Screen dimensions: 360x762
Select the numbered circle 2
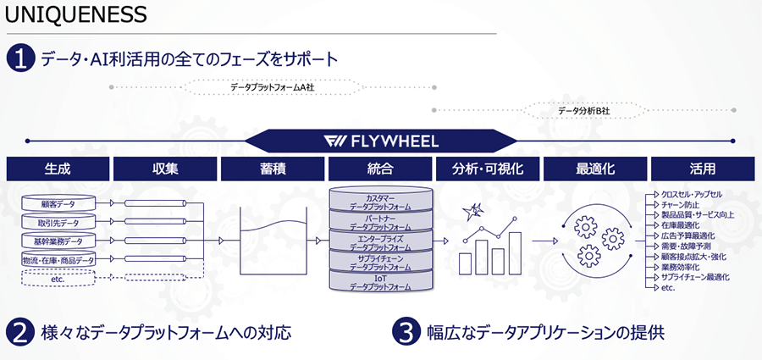pyautogui.click(x=19, y=331)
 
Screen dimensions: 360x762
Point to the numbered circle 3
pyautogui.click(x=406, y=331)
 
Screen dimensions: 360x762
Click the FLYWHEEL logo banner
pyautogui.click(x=381, y=141)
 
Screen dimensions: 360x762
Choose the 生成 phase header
pyautogui.click(x=57, y=169)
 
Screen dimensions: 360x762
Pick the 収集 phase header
pyautogui.click(x=164, y=169)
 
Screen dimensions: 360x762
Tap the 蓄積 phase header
pyautogui.click(x=273, y=169)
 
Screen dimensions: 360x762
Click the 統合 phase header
pyautogui.click(x=380, y=169)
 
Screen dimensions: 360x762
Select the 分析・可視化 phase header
pyautogui.click(x=488, y=169)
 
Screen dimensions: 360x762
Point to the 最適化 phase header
pyautogui.click(x=595, y=169)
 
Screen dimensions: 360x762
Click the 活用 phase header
pyautogui.click(x=703, y=169)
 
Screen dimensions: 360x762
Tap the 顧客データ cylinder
pyautogui.click(x=58, y=204)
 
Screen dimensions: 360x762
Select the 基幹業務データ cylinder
pyautogui.click(x=58, y=241)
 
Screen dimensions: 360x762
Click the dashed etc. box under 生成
pyautogui.click(x=58, y=278)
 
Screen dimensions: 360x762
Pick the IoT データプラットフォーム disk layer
pyautogui.click(x=380, y=282)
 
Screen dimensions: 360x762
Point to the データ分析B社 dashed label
pyautogui.click(x=584, y=109)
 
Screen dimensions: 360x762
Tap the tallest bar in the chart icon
pyautogui.click(x=512, y=251)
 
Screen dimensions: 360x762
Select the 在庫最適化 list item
pyautogui.click(x=681, y=225)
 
